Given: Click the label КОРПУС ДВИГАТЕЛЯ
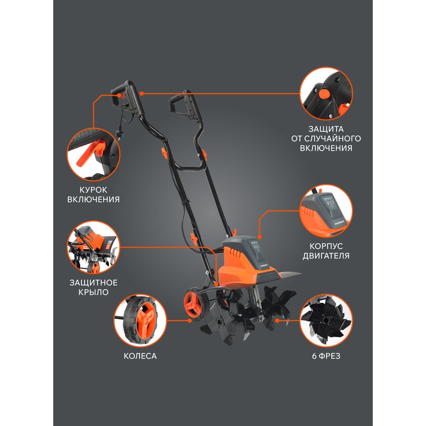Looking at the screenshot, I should click(x=330, y=251).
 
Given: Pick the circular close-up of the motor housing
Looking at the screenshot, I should click(x=326, y=211).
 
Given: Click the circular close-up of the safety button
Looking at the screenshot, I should click(x=326, y=94).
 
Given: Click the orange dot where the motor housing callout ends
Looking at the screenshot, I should click(x=259, y=235).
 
